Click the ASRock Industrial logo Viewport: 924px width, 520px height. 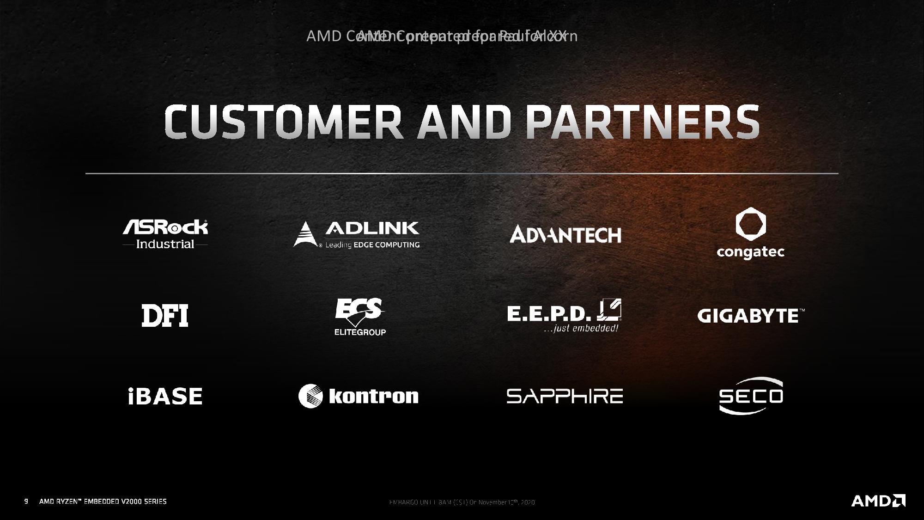point(165,234)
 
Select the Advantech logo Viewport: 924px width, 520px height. point(565,234)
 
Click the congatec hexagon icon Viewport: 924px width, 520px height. point(750,224)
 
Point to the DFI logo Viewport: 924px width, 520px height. point(165,316)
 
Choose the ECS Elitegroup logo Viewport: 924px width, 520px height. point(360,317)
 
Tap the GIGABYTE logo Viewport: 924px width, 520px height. point(750,316)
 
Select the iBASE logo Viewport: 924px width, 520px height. point(165,397)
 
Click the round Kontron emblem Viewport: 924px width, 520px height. point(310,396)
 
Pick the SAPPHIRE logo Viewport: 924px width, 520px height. point(565,397)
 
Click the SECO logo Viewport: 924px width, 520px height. point(751,396)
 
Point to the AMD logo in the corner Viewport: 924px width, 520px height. point(878,501)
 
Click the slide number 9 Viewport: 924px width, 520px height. point(26,502)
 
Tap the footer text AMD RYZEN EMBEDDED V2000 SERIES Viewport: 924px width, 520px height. point(103,502)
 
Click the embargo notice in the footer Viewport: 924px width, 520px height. point(462,502)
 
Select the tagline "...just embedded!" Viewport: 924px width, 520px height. point(581,329)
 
